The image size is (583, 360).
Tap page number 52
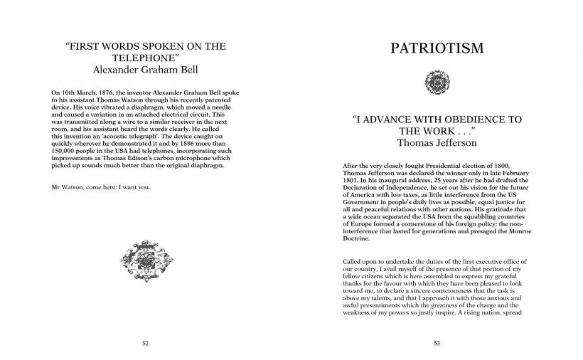coord(145,342)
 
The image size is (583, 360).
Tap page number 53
coord(437,342)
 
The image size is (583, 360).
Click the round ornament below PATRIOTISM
coord(437,80)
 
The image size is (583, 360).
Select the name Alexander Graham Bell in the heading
coord(145,70)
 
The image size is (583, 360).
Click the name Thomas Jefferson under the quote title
coord(437,142)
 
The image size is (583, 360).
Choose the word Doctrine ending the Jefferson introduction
coord(358,238)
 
